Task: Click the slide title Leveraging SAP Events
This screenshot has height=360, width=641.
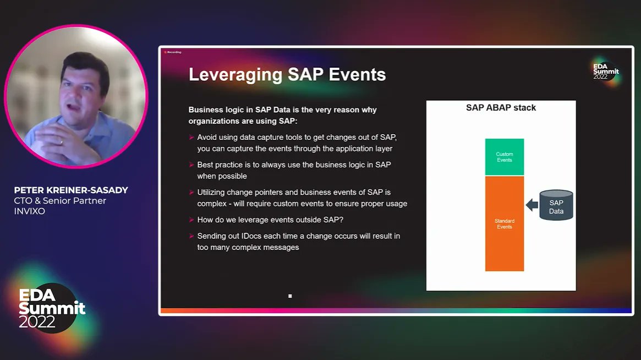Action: (x=287, y=74)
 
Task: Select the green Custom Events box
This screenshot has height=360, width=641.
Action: (x=504, y=157)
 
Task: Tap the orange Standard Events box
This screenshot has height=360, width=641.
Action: (x=504, y=223)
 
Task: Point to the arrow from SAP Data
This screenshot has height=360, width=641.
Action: (x=532, y=205)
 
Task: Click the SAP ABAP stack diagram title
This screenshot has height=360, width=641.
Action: (x=501, y=108)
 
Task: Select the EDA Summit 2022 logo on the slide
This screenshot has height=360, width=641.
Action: (x=605, y=70)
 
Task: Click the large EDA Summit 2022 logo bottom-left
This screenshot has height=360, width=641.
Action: (x=52, y=308)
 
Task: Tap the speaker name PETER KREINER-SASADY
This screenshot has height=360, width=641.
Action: (x=71, y=190)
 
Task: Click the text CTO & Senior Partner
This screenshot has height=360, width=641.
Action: (x=60, y=201)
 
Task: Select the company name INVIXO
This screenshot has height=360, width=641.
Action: (x=30, y=211)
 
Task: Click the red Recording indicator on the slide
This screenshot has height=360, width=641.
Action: (x=173, y=52)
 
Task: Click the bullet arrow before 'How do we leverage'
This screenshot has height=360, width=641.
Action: (x=191, y=220)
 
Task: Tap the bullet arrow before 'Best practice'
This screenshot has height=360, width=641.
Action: (x=191, y=165)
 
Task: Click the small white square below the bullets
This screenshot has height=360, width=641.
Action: (x=290, y=296)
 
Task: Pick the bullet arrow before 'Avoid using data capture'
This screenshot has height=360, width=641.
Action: (x=191, y=137)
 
